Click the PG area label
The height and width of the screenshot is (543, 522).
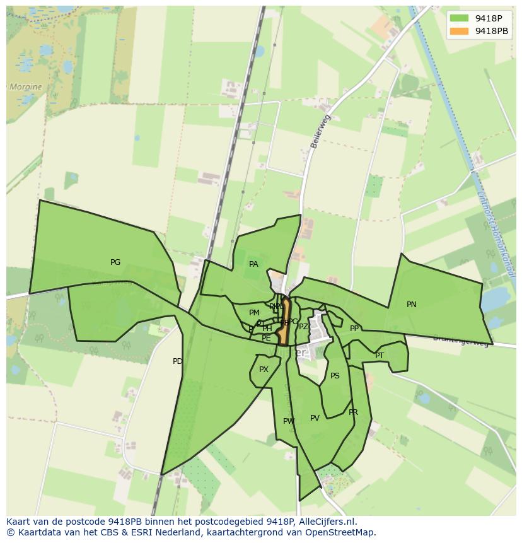(x=115, y=262)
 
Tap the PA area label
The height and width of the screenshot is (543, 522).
(x=253, y=264)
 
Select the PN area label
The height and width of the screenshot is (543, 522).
(x=412, y=305)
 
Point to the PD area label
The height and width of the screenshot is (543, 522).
(x=178, y=361)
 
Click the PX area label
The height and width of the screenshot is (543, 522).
(x=264, y=370)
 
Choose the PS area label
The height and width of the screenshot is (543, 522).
(x=335, y=376)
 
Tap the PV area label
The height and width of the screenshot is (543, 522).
(x=315, y=417)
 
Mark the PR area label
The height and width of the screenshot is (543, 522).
(x=353, y=412)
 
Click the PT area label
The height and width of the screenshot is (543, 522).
(x=380, y=356)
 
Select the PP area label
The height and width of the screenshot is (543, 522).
(x=354, y=329)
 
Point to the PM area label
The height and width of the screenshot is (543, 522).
(x=254, y=313)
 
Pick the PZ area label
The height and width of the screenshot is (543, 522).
(x=303, y=327)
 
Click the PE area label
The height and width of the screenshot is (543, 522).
(x=266, y=339)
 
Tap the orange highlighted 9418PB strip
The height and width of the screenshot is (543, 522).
(x=284, y=322)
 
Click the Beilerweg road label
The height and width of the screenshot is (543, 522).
(x=320, y=131)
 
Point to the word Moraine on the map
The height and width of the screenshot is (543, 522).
(x=25, y=87)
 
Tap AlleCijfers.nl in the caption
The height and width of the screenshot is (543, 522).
(x=326, y=522)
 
